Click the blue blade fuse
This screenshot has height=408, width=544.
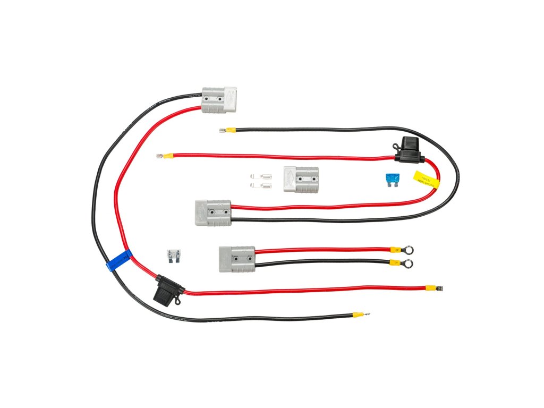(392, 180)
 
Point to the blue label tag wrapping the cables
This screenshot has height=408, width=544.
(119, 260)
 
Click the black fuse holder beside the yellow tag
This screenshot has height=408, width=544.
(409, 149)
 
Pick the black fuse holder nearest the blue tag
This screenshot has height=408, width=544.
(168, 291)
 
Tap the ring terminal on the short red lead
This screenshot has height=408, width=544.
(408, 248)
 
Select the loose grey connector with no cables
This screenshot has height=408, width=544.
(301, 179)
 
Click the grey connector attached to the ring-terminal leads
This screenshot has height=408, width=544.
(237, 259)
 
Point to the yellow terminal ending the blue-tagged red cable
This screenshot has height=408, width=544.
(435, 288)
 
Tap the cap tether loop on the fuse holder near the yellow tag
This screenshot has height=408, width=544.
(397, 144)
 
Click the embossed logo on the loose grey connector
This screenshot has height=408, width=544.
(290, 178)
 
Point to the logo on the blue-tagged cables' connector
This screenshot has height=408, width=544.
(229, 97)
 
